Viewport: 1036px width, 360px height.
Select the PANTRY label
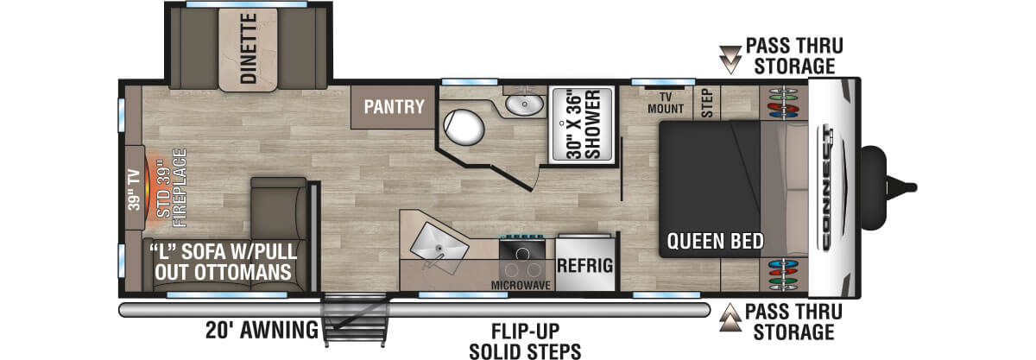click(394, 107)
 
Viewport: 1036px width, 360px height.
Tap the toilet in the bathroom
click(464, 127)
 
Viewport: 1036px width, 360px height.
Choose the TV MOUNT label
click(666, 103)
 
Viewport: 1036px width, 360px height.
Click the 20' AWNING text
click(262, 329)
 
